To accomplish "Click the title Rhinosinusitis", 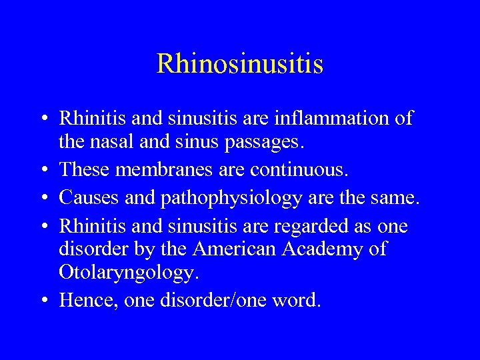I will click(x=240, y=64).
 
